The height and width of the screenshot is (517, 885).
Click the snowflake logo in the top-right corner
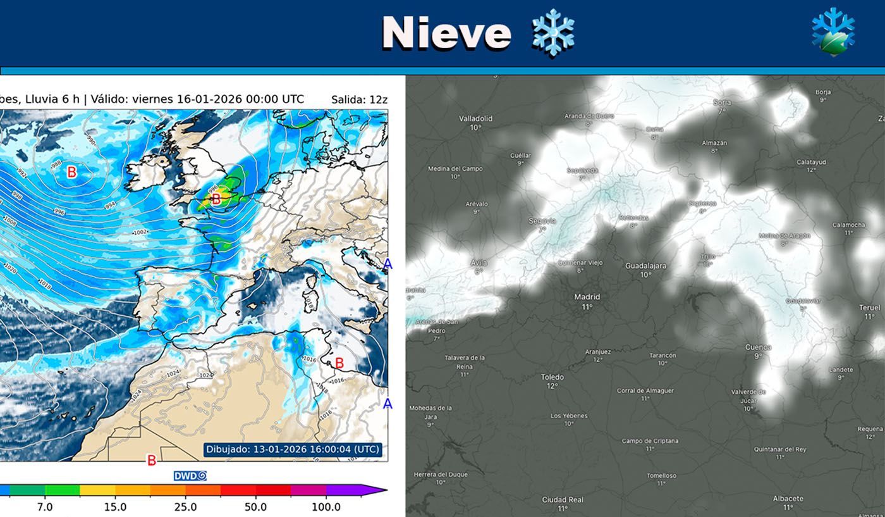coord(833,32)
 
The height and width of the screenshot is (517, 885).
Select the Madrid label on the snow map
coord(587,297)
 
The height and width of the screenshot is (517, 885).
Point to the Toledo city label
coord(552,377)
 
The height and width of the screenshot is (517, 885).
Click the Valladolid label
coord(475,118)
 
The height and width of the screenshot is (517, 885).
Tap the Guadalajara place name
coord(645,266)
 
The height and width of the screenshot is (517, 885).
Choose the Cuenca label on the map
coord(758,347)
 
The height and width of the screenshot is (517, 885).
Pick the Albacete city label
coord(788,499)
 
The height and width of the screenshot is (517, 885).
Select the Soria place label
coord(721,102)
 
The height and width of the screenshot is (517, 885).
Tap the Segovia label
coord(542,221)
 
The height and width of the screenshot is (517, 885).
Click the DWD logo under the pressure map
coord(190,476)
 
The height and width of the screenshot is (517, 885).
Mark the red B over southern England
coord(216,200)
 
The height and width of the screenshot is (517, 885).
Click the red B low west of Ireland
coord(72,171)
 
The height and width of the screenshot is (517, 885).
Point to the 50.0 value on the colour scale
coord(255,507)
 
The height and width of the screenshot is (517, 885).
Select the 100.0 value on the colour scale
coord(326,507)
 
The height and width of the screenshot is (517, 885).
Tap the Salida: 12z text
coord(359,99)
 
